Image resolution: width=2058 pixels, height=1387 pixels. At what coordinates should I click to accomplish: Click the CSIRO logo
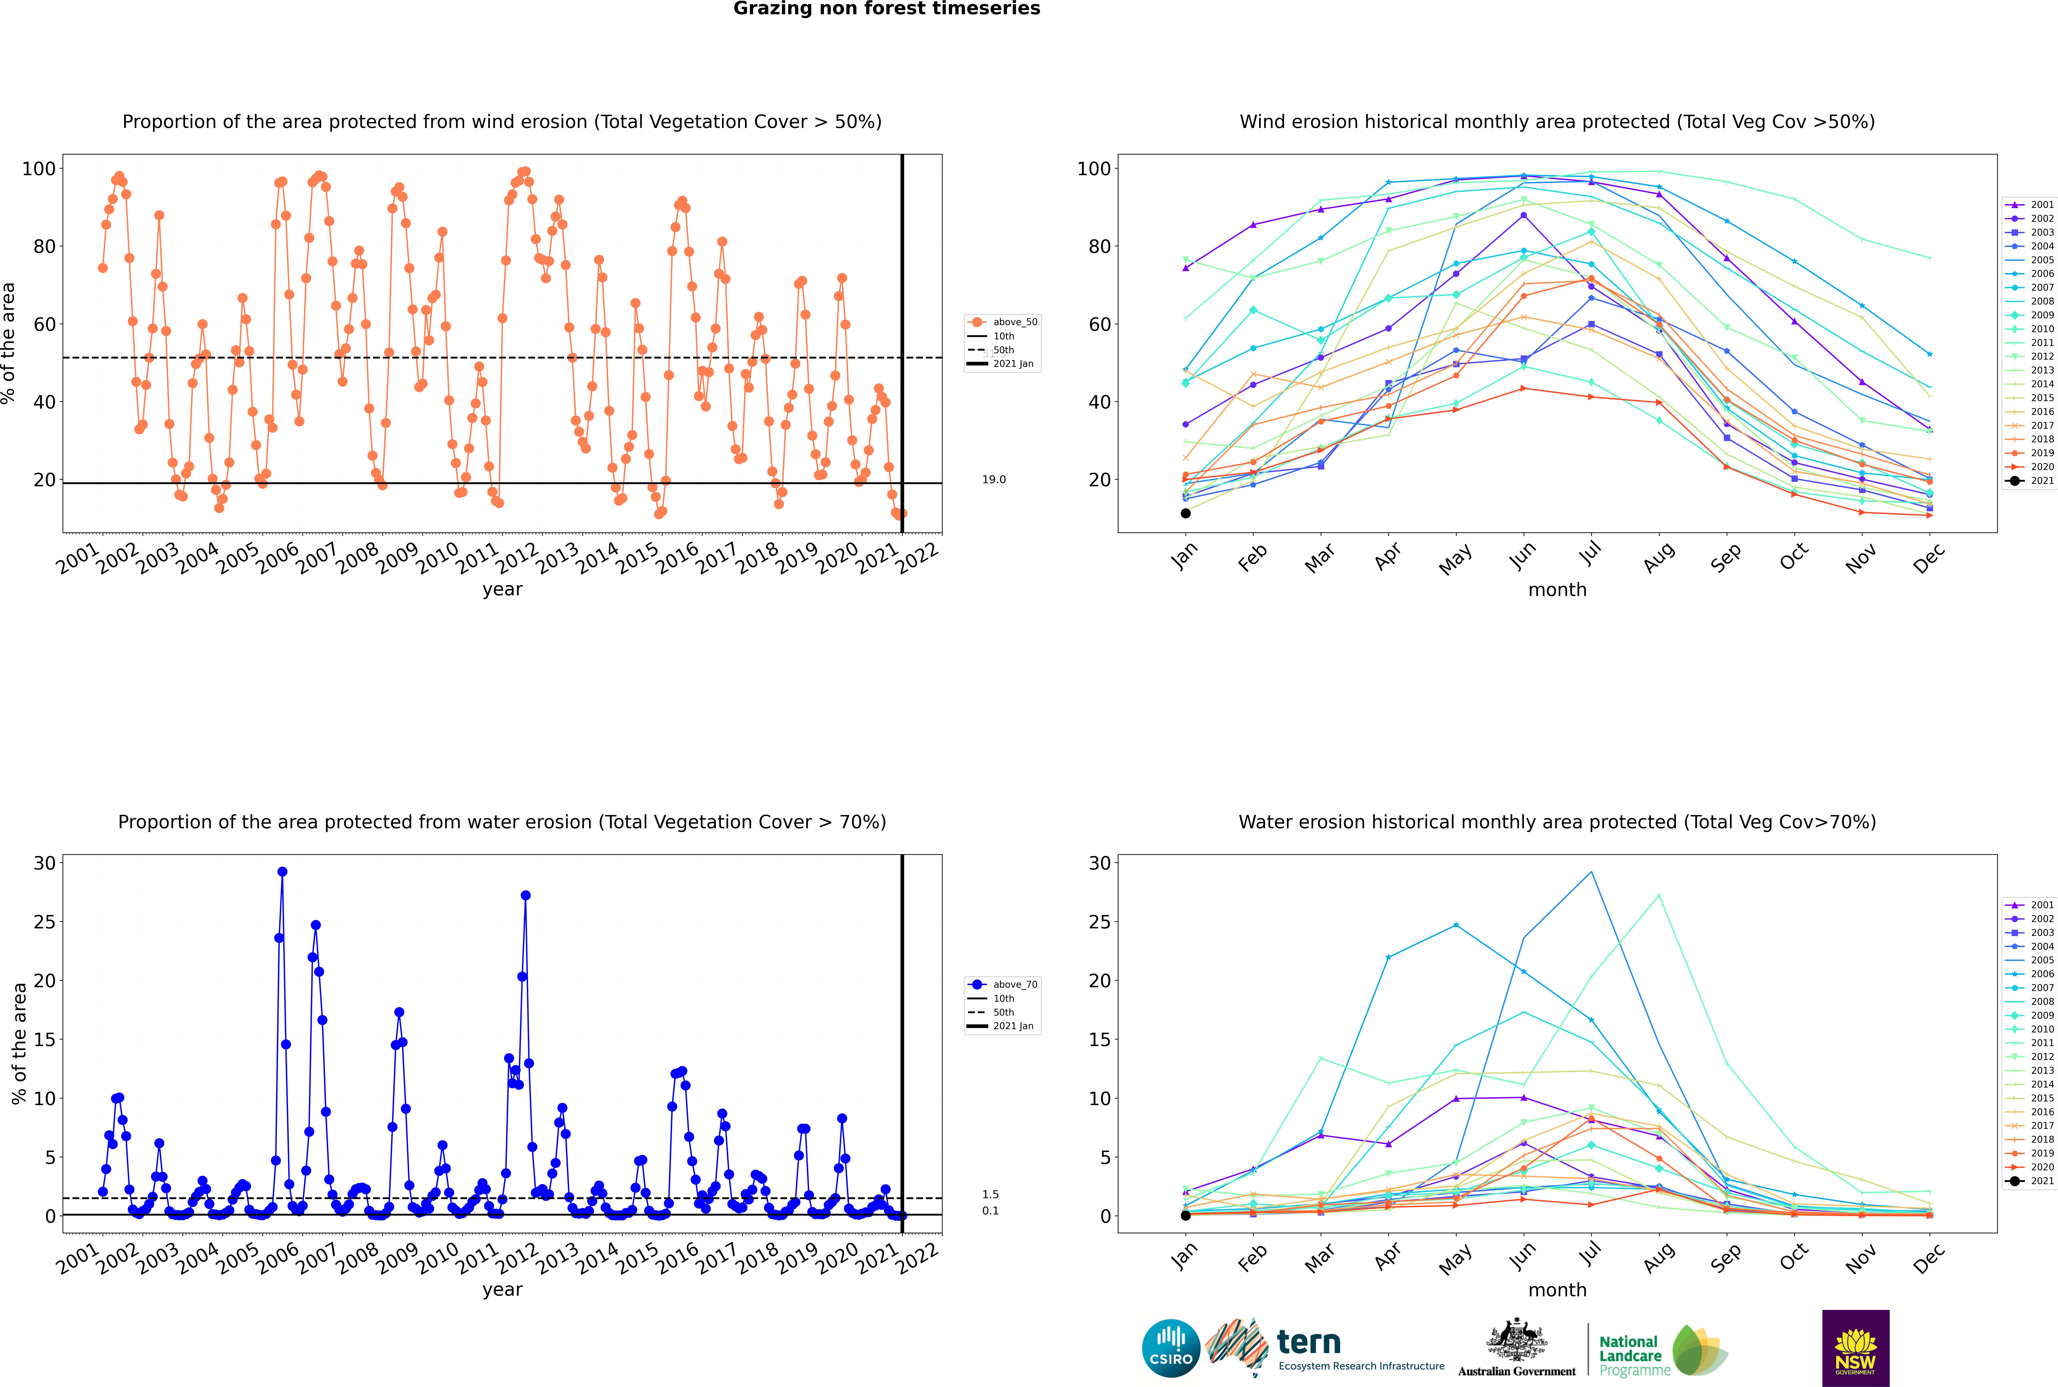click(x=1171, y=1348)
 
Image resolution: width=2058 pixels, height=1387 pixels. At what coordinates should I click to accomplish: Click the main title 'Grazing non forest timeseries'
click(x=887, y=9)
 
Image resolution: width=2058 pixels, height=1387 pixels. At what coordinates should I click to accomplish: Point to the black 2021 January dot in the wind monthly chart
click(x=1186, y=513)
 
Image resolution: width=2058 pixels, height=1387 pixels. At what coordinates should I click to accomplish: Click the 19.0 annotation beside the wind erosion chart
click(x=994, y=479)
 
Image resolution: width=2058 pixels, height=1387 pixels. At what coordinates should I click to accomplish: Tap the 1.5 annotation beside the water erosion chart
click(x=990, y=1194)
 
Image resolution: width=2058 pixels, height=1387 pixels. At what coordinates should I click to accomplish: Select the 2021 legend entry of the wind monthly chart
click(x=2031, y=481)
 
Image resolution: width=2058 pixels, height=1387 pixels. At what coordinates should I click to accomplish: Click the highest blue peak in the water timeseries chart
click(x=282, y=871)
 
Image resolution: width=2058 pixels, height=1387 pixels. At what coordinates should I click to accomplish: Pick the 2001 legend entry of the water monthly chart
click(x=2031, y=905)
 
